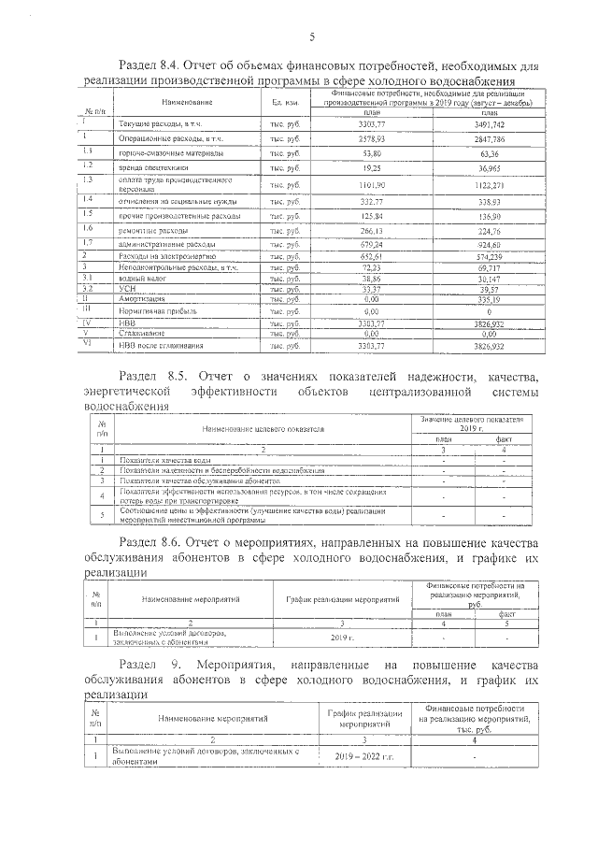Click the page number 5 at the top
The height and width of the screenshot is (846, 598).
click(312, 36)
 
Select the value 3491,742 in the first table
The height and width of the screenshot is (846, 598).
click(490, 123)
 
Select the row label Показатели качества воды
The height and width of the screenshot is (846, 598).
click(164, 460)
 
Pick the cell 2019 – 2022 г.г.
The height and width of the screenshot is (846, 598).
click(365, 756)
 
